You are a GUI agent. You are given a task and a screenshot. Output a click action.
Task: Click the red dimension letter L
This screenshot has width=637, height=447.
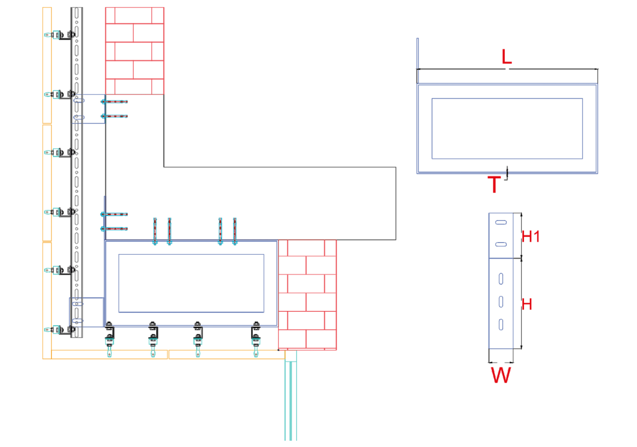(506, 57)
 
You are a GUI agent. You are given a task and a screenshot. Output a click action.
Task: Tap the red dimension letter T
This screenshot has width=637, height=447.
(494, 184)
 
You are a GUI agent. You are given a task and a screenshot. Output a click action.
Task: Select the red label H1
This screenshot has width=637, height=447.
(531, 236)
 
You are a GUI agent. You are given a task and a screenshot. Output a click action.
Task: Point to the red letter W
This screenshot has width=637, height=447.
(501, 375)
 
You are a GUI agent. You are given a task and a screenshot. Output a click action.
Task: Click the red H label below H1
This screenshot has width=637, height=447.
(527, 304)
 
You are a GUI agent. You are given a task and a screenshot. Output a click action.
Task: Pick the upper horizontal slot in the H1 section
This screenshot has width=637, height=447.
(501, 222)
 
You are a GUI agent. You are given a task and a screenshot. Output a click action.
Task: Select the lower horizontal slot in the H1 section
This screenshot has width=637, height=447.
(501, 244)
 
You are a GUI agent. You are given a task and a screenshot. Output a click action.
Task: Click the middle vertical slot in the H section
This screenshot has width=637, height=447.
(501, 302)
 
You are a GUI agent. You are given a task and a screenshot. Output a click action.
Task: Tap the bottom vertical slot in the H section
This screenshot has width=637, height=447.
(501, 325)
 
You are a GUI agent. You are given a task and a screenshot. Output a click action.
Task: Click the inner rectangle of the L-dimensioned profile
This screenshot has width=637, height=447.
(507, 129)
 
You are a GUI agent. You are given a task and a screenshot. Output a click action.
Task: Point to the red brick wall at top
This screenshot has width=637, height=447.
(135, 51)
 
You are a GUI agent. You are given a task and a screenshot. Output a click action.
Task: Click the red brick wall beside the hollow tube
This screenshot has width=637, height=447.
(307, 295)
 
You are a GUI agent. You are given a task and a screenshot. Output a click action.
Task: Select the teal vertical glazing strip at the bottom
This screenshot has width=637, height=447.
(291, 401)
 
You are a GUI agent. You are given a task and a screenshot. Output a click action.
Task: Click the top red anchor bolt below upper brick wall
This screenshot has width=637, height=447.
(115, 102)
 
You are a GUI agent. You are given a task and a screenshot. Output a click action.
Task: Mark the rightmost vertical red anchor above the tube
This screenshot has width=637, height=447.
(235, 231)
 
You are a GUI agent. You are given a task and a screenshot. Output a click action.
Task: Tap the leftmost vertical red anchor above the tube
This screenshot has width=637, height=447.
(155, 231)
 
